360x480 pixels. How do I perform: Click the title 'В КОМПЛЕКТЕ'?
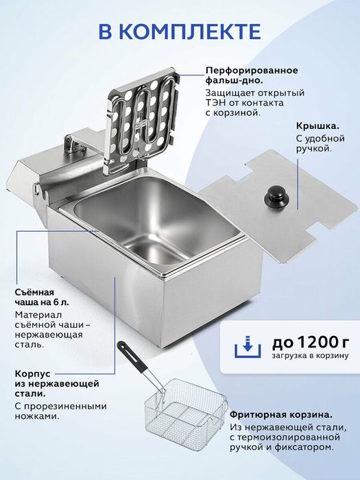[x=180, y=32]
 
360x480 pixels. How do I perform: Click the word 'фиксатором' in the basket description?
[x=302, y=447]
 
